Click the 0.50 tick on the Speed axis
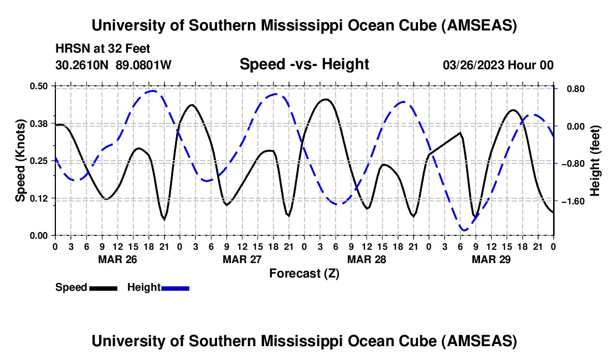pyautogui.click(x=40, y=86)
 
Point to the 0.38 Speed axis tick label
pyautogui.click(x=40, y=124)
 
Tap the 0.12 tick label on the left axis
pyautogui.click(x=40, y=198)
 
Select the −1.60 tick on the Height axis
pyautogui.click(x=572, y=202)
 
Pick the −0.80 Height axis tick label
pyautogui.click(x=572, y=164)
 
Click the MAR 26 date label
pyautogui.click(x=117, y=259)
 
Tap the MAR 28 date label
pyautogui.click(x=367, y=259)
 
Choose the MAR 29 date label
pyautogui.click(x=491, y=259)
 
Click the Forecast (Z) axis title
pyautogui.click(x=304, y=273)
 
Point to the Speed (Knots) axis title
pyautogui.click(x=20, y=161)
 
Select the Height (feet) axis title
pyautogui.click(x=595, y=161)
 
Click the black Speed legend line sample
pyautogui.click(x=103, y=288)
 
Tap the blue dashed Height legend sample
pyautogui.click(x=176, y=288)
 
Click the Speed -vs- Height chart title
pyautogui.click(x=304, y=65)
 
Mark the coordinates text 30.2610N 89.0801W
pyautogui.click(x=113, y=65)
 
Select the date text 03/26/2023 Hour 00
pyautogui.click(x=498, y=65)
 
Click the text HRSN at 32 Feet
pyautogui.click(x=103, y=49)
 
